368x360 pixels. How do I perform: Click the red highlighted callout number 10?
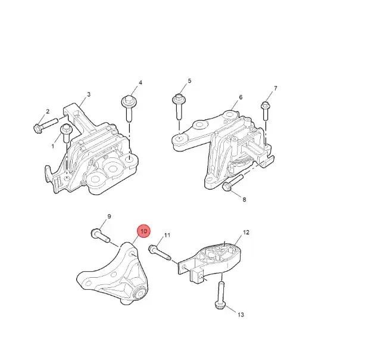(144, 231)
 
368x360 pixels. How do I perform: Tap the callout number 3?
(89, 94)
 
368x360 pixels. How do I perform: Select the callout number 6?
(241, 97)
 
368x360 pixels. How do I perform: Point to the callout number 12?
(246, 232)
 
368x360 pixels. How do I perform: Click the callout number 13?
(241, 315)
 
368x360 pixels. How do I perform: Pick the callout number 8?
(244, 200)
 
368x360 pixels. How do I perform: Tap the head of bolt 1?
(66, 129)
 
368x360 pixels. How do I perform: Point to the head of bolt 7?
(265, 105)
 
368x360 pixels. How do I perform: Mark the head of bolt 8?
(227, 187)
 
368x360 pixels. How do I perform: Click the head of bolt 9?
(95, 233)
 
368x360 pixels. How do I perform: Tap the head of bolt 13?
(220, 305)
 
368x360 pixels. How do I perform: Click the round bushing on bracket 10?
(141, 293)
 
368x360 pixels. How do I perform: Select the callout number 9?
(109, 217)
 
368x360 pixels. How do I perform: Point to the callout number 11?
(167, 235)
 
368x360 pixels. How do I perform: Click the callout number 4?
(141, 83)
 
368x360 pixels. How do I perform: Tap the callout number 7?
(276, 88)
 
